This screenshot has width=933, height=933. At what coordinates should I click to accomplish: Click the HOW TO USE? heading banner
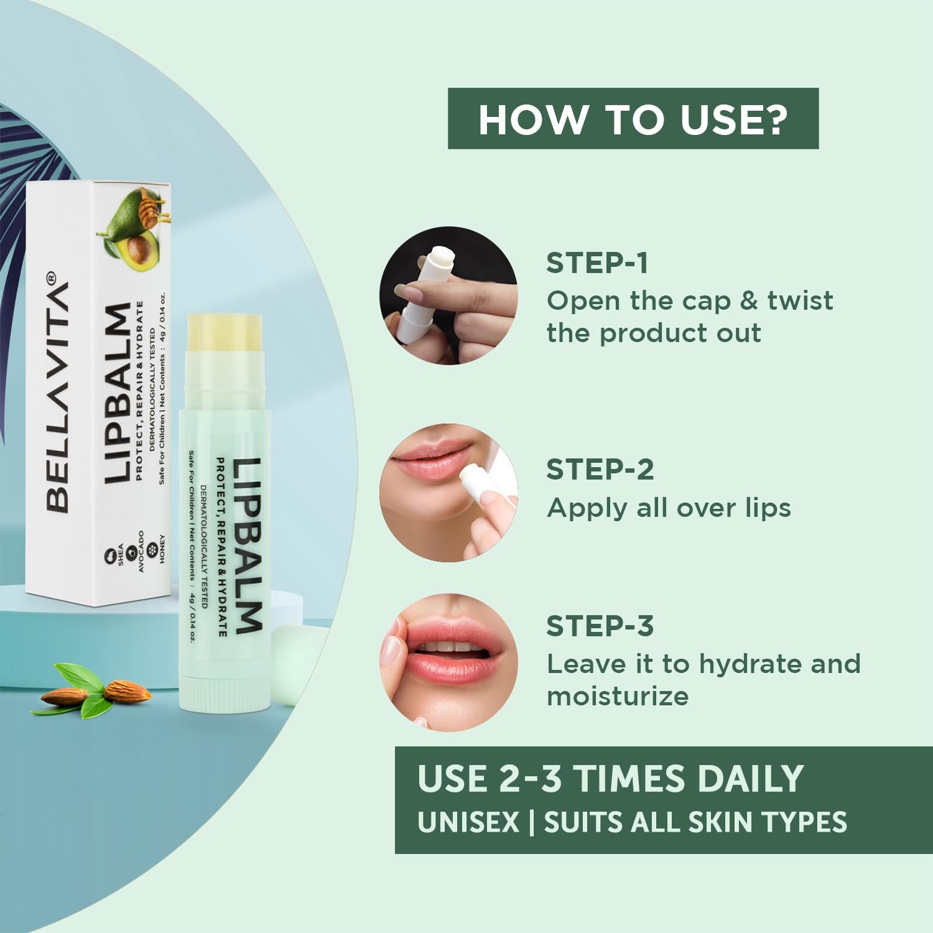(x=633, y=119)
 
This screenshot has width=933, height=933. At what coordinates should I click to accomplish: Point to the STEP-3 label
(x=600, y=626)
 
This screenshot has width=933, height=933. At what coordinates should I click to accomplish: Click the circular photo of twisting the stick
(x=448, y=295)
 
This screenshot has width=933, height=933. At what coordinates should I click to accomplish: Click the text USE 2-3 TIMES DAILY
(x=610, y=779)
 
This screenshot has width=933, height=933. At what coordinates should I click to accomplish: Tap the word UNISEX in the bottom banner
(x=468, y=822)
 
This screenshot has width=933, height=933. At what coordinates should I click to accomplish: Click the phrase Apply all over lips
(x=669, y=508)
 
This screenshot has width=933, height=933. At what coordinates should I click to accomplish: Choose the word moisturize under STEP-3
(x=618, y=696)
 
